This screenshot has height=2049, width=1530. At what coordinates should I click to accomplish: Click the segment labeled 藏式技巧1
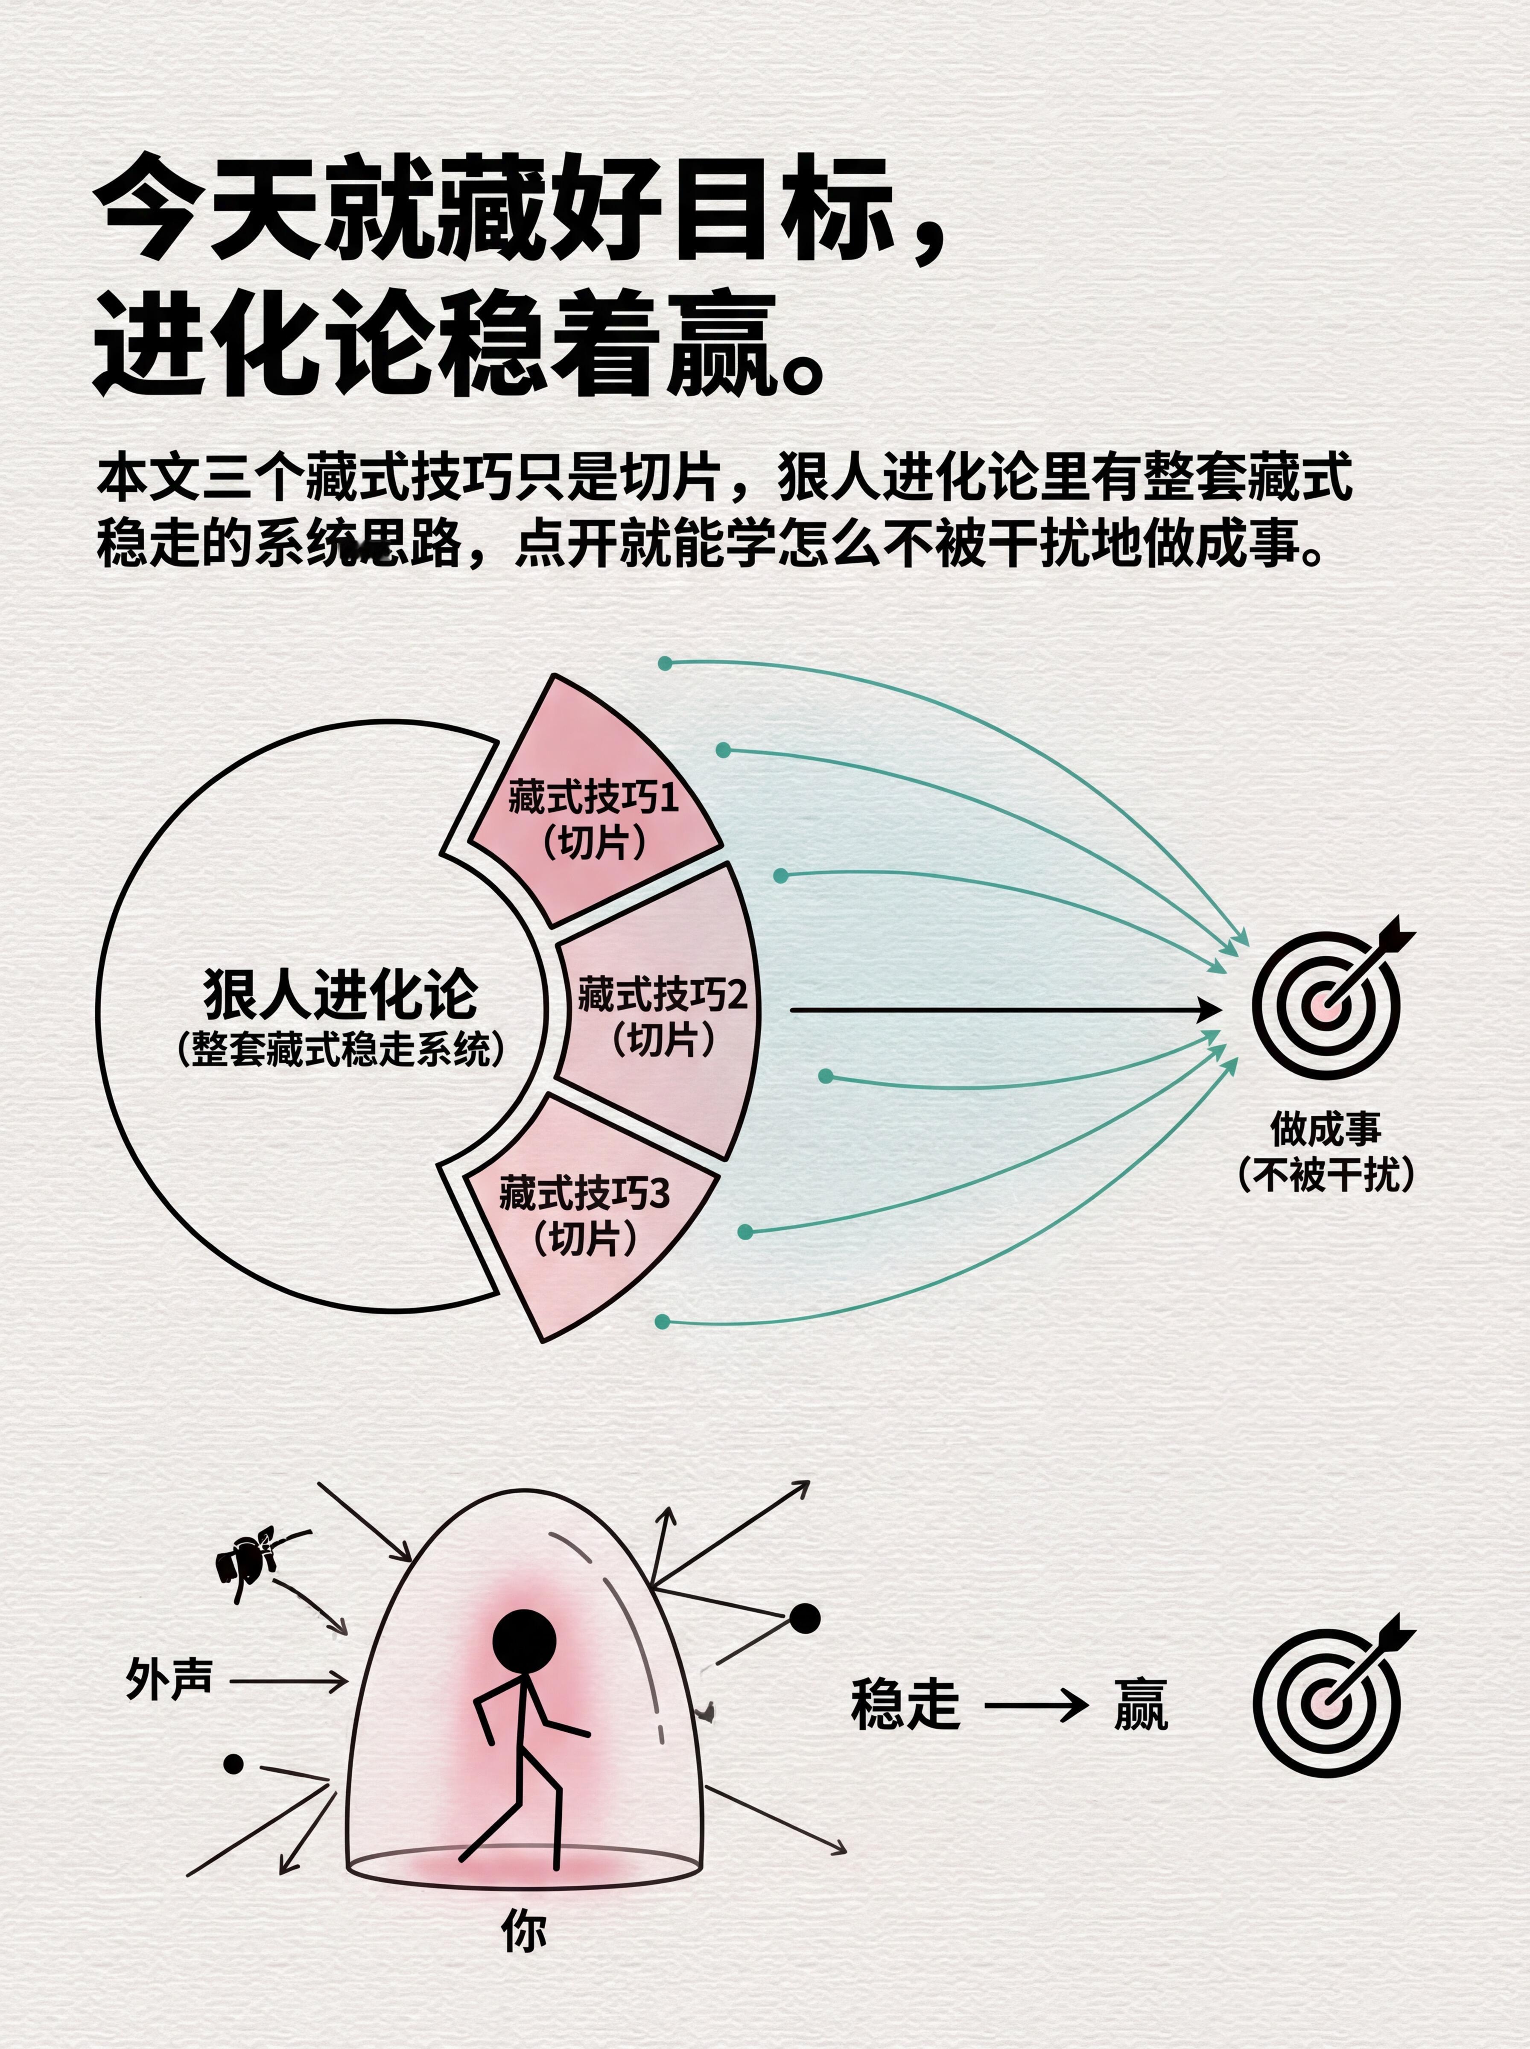coord(593,815)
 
